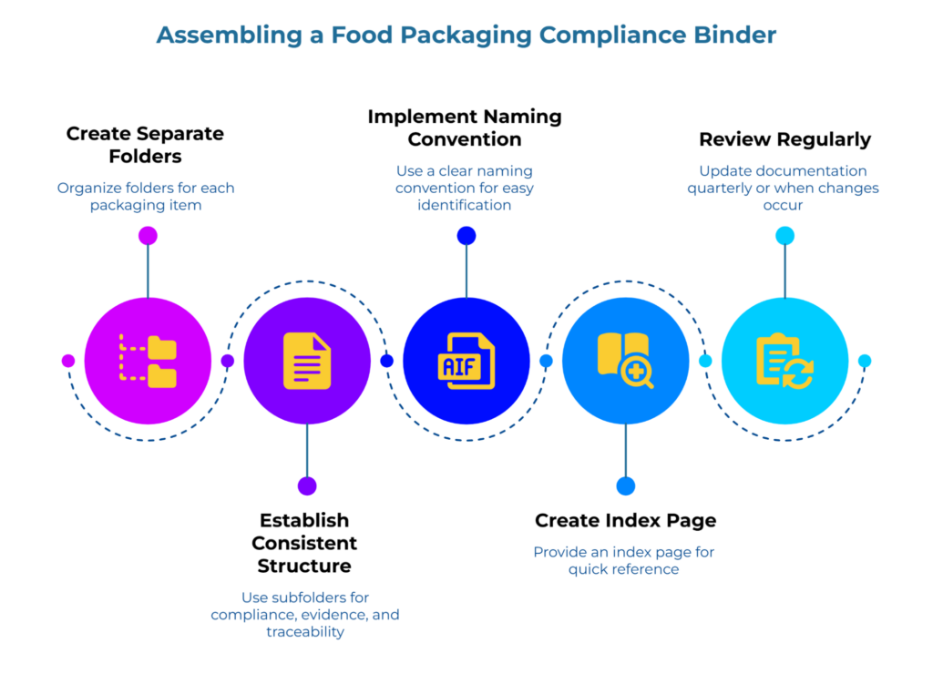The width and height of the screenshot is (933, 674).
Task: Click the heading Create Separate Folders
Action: [145, 145]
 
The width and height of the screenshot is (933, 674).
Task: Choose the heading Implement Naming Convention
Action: [465, 128]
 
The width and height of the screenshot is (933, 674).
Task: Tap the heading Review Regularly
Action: [784, 139]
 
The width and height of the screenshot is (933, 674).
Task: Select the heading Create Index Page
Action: [625, 520]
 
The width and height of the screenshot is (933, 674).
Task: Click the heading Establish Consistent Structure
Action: [304, 543]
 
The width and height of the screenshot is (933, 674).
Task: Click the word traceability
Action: [305, 631]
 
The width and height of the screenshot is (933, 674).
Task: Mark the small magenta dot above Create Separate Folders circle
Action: [148, 236]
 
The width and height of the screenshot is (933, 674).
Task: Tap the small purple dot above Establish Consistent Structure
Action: [307, 486]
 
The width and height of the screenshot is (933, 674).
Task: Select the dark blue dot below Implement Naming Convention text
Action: [466, 236]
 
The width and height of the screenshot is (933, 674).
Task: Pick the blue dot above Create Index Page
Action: [625, 486]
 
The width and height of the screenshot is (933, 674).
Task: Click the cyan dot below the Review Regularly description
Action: [784, 236]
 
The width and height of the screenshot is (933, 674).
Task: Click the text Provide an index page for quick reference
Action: [624, 560]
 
